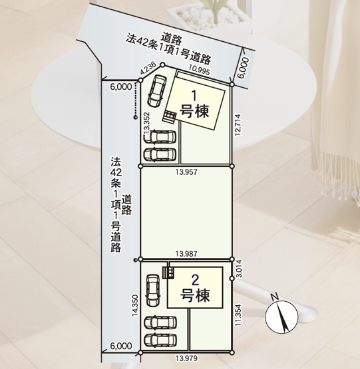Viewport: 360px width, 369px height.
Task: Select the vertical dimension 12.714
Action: click(x=238, y=124)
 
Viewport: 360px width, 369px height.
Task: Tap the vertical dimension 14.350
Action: click(x=136, y=307)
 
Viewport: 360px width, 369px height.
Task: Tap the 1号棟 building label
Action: click(x=196, y=103)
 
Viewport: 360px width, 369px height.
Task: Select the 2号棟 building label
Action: click(x=196, y=287)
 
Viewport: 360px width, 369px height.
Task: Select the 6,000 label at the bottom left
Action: click(x=121, y=346)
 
